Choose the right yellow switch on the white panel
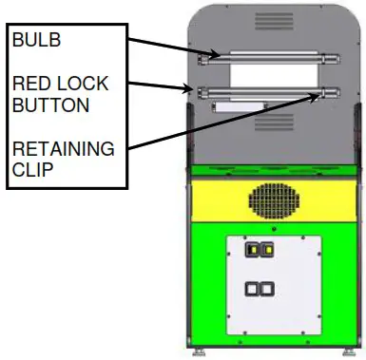(x=270, y=251)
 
